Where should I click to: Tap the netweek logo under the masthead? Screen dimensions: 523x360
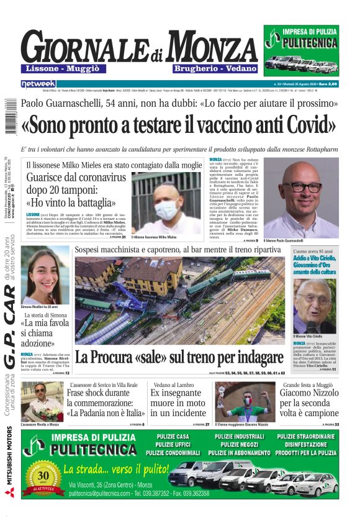(38, 83)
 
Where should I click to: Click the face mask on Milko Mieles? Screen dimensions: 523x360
(167, 209)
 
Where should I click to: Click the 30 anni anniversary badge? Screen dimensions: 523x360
(43, 476)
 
